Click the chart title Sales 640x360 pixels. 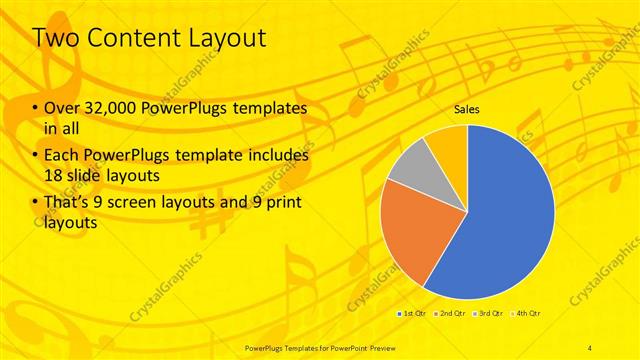[x=466, y=110]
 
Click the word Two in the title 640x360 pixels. [x=54, y=40]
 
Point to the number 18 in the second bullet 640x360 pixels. [x=55, y=175]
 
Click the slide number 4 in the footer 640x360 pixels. [x=591, y=347]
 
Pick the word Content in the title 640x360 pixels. [x=128, y=40]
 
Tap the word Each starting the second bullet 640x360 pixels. [x=62, y=158]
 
